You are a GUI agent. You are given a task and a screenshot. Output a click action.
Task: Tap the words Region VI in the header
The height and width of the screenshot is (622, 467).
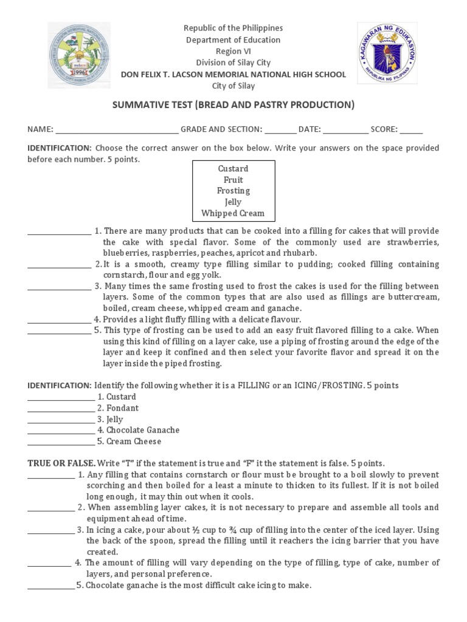[x=233, y=51]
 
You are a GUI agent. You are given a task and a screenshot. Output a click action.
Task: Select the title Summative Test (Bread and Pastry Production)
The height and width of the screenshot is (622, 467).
[x=233, y=105]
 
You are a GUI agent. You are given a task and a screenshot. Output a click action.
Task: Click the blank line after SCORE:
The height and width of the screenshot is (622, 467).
[x=411, y=130]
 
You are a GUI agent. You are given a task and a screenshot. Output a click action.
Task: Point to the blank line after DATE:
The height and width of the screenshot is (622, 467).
[x=345, y=130]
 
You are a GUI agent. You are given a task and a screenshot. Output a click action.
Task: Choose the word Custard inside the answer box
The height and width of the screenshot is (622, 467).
[x=233, y=168]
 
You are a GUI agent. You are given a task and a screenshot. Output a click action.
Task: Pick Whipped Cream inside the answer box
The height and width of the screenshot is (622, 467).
[x=233, y=213]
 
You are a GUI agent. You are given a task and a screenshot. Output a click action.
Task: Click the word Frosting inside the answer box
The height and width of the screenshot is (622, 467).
[x=233, y=191]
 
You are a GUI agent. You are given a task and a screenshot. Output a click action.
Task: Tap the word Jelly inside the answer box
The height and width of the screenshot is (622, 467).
[x=233, y=202]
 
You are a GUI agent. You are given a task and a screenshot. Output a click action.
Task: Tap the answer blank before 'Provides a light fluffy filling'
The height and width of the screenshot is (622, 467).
[x=59, y=320]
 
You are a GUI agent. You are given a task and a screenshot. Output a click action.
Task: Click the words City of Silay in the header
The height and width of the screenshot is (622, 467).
[x=233, y=86]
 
